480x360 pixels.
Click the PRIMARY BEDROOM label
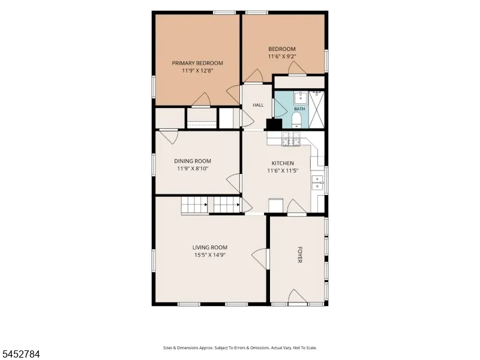coord(197,63)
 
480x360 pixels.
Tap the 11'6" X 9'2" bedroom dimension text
coord(282,56)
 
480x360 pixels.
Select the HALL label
coord(258,105)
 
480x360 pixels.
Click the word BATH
coord(299,109)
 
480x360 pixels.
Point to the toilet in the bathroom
coord(296,120)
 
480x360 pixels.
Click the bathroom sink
coord(301,97)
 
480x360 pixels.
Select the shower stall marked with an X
coord(316,110)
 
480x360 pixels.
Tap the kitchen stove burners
coord(291,138)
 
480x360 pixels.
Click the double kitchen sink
coord(317,183)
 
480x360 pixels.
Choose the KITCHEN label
coord(283,163)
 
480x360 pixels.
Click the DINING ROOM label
coord(193,161)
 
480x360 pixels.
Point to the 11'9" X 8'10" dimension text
coord(193,169)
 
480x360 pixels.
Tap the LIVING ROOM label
coord(210,247)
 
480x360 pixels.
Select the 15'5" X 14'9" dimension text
coord(210,254)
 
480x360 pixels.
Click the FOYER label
coord(299,254)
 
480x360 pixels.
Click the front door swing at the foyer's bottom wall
coord(298,296)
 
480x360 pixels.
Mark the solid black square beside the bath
coord(274,124)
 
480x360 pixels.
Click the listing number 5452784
coord(20,354)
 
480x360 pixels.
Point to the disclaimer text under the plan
coord(239,348)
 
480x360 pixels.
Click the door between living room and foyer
coord(260,259)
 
